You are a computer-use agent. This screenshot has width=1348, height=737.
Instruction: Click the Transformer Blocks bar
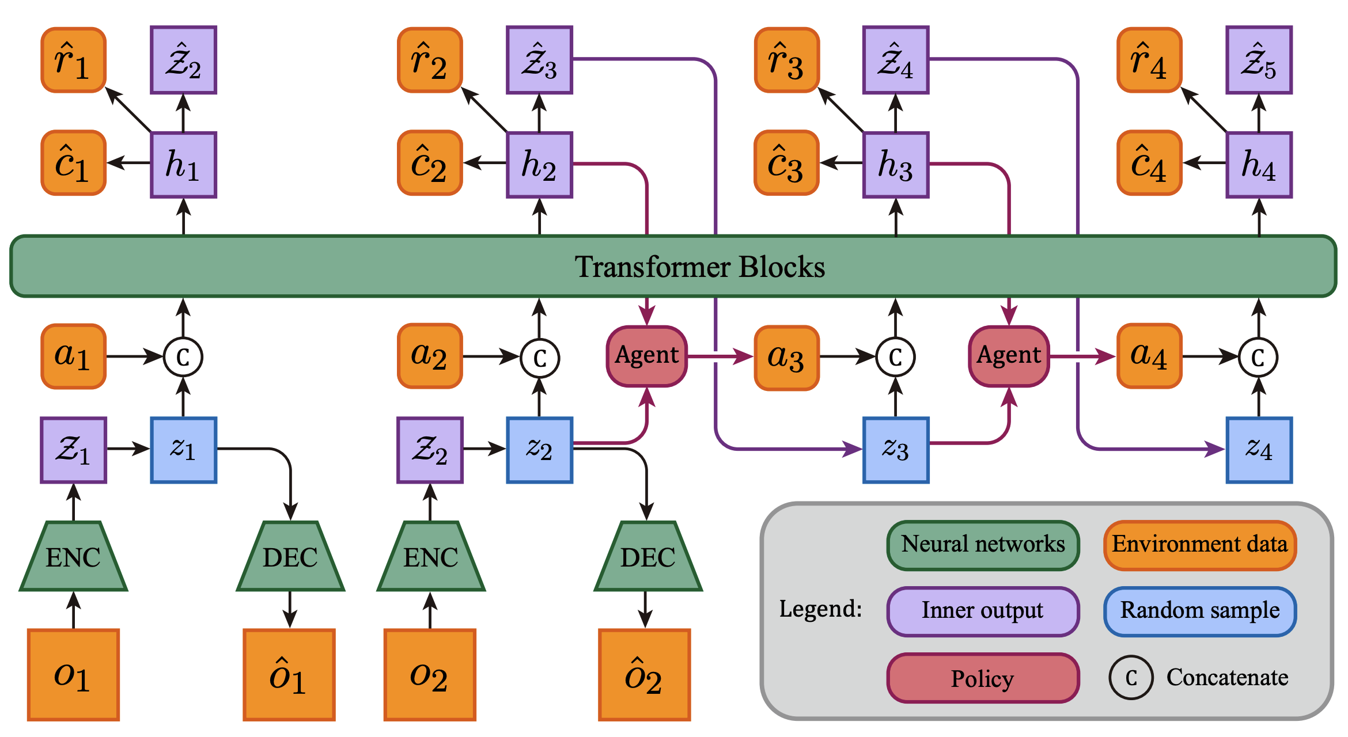(673, 267)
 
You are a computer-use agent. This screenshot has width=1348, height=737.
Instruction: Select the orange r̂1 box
(73, 60)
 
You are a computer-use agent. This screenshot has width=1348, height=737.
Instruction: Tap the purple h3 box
(895, 165)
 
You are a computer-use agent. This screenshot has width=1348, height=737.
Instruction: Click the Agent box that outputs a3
(646, 356)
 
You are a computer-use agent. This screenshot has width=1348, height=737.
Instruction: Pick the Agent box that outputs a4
(1009, 356)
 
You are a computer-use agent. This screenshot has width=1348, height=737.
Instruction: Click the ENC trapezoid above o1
(73, 557)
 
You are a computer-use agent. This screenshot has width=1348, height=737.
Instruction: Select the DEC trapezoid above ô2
(648, 557)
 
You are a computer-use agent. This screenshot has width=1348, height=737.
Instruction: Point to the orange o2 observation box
(430, 674)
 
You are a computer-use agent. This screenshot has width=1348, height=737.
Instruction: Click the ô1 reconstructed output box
(289, 674)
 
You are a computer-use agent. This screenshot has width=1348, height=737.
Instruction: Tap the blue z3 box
(895, 450)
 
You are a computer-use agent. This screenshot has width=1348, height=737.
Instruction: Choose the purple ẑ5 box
(1259, 60)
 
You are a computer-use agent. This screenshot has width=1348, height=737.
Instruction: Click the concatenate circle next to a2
(539, 358)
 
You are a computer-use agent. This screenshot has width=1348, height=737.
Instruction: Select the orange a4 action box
(1149, 356)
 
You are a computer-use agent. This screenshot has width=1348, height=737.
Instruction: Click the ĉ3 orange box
(786, 163)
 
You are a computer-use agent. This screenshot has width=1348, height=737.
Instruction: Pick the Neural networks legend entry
(983, 545)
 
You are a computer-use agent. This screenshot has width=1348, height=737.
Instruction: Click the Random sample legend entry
(1199, 611)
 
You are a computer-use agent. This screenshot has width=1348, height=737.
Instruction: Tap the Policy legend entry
(983, 678)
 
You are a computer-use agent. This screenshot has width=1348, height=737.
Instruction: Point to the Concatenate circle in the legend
(1131, 678)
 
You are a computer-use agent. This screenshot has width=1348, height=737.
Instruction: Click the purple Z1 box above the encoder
(73, 450)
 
